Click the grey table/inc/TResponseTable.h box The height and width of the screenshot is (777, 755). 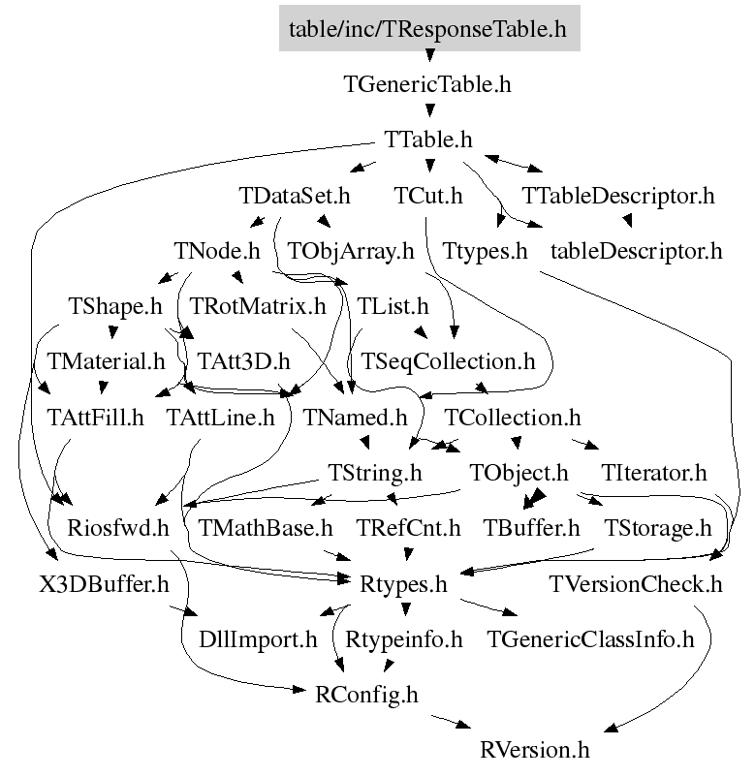click(427, 28)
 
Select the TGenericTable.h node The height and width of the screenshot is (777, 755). click(427, 84)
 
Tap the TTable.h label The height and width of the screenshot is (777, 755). click(427, 140)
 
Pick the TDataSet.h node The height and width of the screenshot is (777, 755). click(294, 197)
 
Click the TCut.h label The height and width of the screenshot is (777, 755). click(428, 197)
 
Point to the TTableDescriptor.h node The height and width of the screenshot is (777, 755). click(618, 197)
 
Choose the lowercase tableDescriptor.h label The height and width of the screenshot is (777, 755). click(637, 252)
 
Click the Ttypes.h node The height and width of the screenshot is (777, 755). click(485, 252)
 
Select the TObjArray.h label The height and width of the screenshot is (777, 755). click(351, 252)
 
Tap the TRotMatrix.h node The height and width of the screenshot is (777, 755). click(258, 308)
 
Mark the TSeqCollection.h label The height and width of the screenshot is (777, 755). click(448, 363)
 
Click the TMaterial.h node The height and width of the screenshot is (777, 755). click(107, 363)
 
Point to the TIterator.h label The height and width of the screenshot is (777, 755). click(654, 475)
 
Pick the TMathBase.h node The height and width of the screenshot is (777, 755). click(266, 530)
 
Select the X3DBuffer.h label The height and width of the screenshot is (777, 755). click(91, 586)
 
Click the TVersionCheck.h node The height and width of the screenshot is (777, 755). click(636, 586)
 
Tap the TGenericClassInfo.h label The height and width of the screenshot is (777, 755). click(591, 640)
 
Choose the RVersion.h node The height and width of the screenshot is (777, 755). click(535, 751)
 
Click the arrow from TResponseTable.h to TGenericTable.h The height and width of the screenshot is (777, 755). click(427, 56)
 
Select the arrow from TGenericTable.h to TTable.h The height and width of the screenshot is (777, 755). click(427, 112)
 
